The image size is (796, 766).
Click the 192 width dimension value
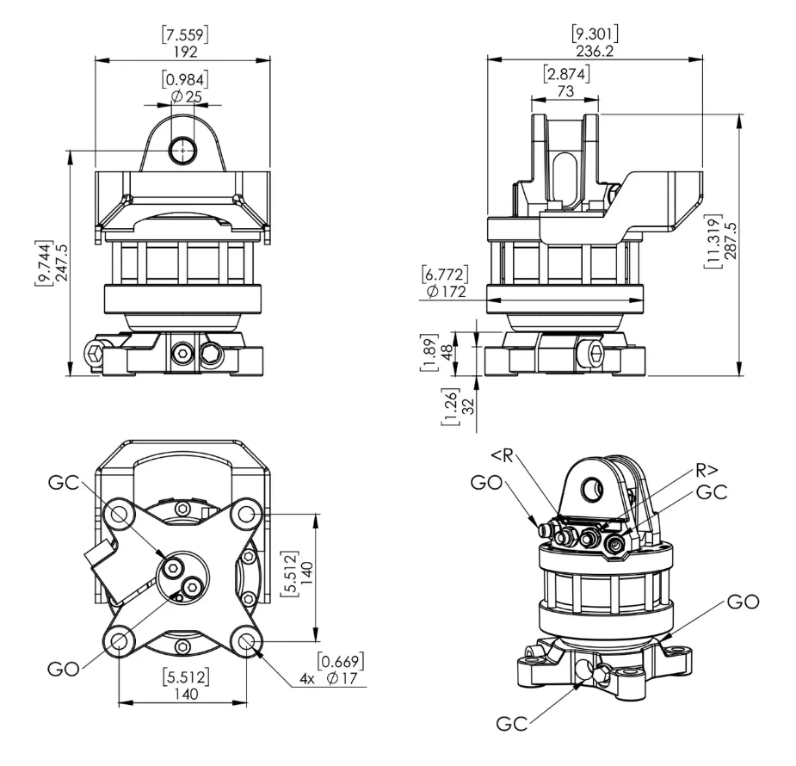click(x=185, y=52)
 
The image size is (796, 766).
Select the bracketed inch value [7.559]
click(x=185, y=34)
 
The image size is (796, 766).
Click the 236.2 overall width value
click(x=595, y=52)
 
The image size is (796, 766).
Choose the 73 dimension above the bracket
click(x=565, y=91)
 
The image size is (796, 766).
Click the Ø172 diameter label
click(x=447, y=292)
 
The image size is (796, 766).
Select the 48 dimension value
click(x=447, y=353)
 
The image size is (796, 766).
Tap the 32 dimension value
click(x=470, y=406)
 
